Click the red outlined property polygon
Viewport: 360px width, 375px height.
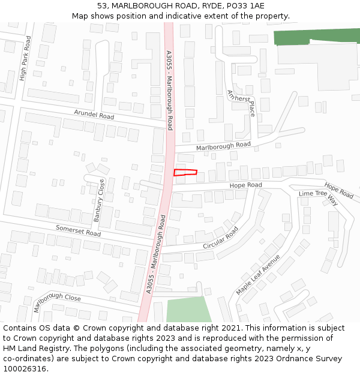coord(185,173)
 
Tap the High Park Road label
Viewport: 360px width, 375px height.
coord(24,58)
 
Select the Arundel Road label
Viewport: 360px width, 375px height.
coord(94,115)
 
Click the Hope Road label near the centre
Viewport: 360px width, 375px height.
coord(246,185)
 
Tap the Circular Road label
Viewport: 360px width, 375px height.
coord(221,238)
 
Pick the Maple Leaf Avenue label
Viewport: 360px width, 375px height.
coord(258,274)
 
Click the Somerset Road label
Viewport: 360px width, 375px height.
coord(78,230)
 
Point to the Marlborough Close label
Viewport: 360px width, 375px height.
coord(57,302)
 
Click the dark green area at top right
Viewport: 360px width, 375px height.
coord(316,36)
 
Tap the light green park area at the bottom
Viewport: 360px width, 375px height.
coord(188,310)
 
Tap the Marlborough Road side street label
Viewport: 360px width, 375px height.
coord(223,146)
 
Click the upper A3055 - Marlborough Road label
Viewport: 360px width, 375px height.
coord(169,90)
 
